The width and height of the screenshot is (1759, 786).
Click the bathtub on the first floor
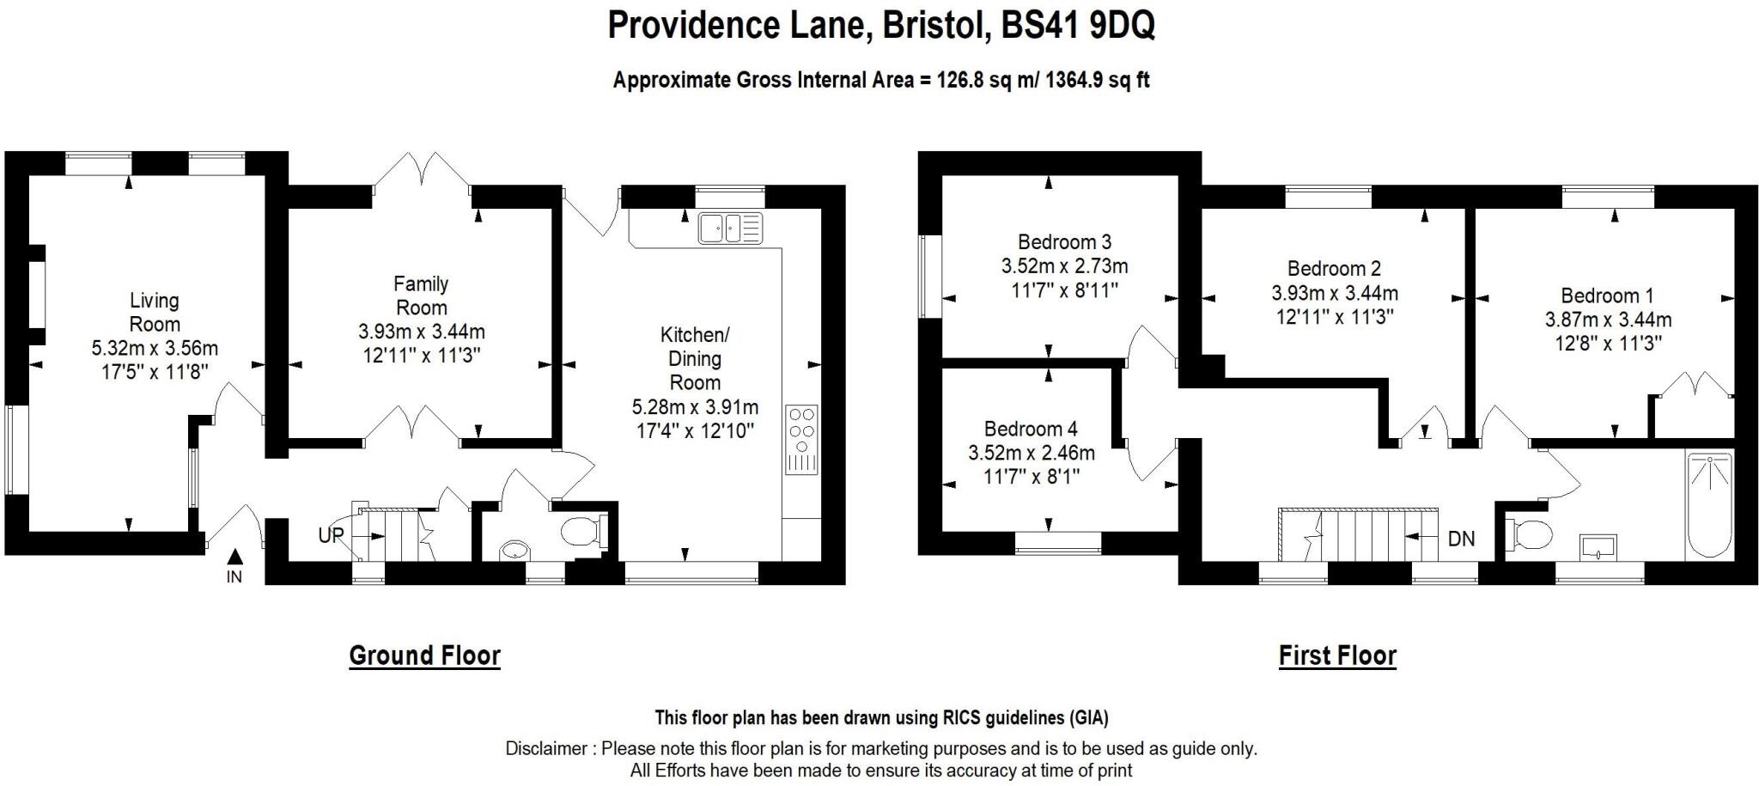(1709, 505)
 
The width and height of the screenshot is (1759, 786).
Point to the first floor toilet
(1531, 534)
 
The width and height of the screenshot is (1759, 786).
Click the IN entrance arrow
(234, 559)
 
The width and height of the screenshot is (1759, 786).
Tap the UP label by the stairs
(331, 535)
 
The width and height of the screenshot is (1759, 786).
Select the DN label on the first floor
(1461, 539)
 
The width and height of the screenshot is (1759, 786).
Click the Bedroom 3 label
(1064, 242)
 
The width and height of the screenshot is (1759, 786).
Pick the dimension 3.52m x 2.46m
(1031, 453)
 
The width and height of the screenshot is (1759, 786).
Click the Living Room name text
(155, 312)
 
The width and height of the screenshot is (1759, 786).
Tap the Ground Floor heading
(424, 655)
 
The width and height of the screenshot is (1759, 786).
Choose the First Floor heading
(1337, 655)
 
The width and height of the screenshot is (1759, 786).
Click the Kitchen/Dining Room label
(695, 357)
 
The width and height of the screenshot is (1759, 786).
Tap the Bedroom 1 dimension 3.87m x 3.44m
(1608, 320)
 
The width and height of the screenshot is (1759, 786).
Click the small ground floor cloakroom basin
(514, 549)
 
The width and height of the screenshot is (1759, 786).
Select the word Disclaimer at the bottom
(546, 748)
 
